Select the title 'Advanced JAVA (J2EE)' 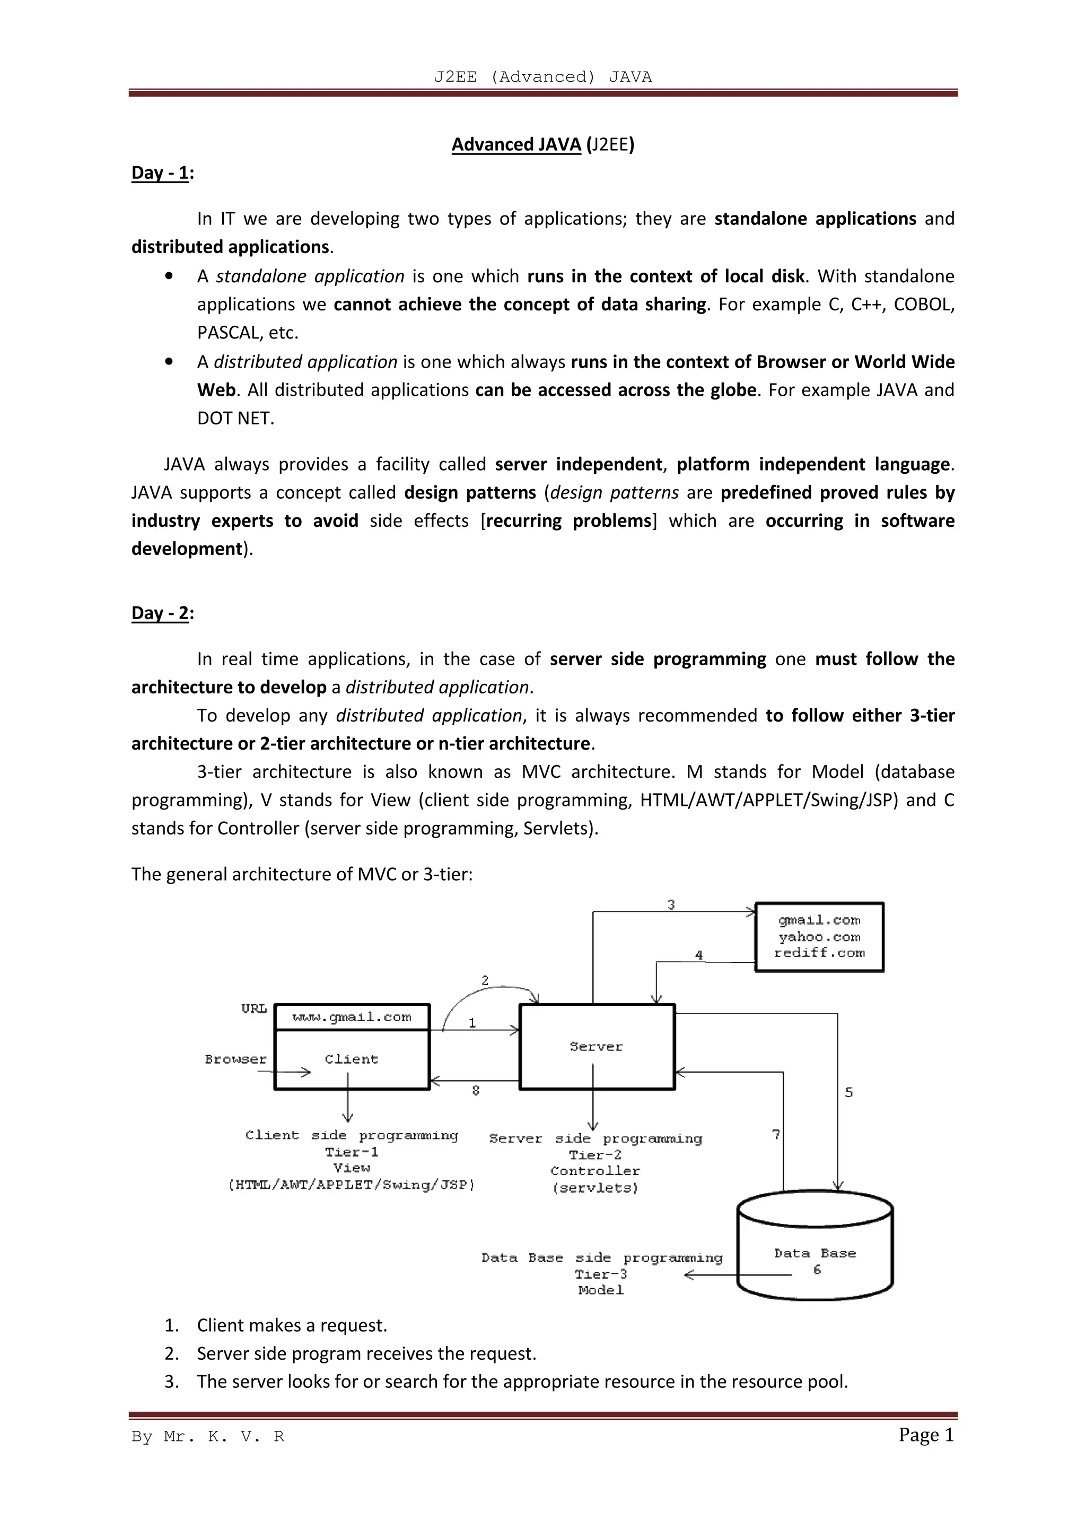[542, 145]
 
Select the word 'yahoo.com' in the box [819, 937]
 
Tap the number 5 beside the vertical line [848, 1092]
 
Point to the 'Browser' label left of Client [235, 1060]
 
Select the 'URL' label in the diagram [255, 1009]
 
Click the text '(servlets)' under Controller [595, 1188]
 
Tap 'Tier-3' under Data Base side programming [600, 1274]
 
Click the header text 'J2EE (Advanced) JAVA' [542, 77]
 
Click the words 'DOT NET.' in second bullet [235, 419]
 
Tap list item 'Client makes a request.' [292, 1325]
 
